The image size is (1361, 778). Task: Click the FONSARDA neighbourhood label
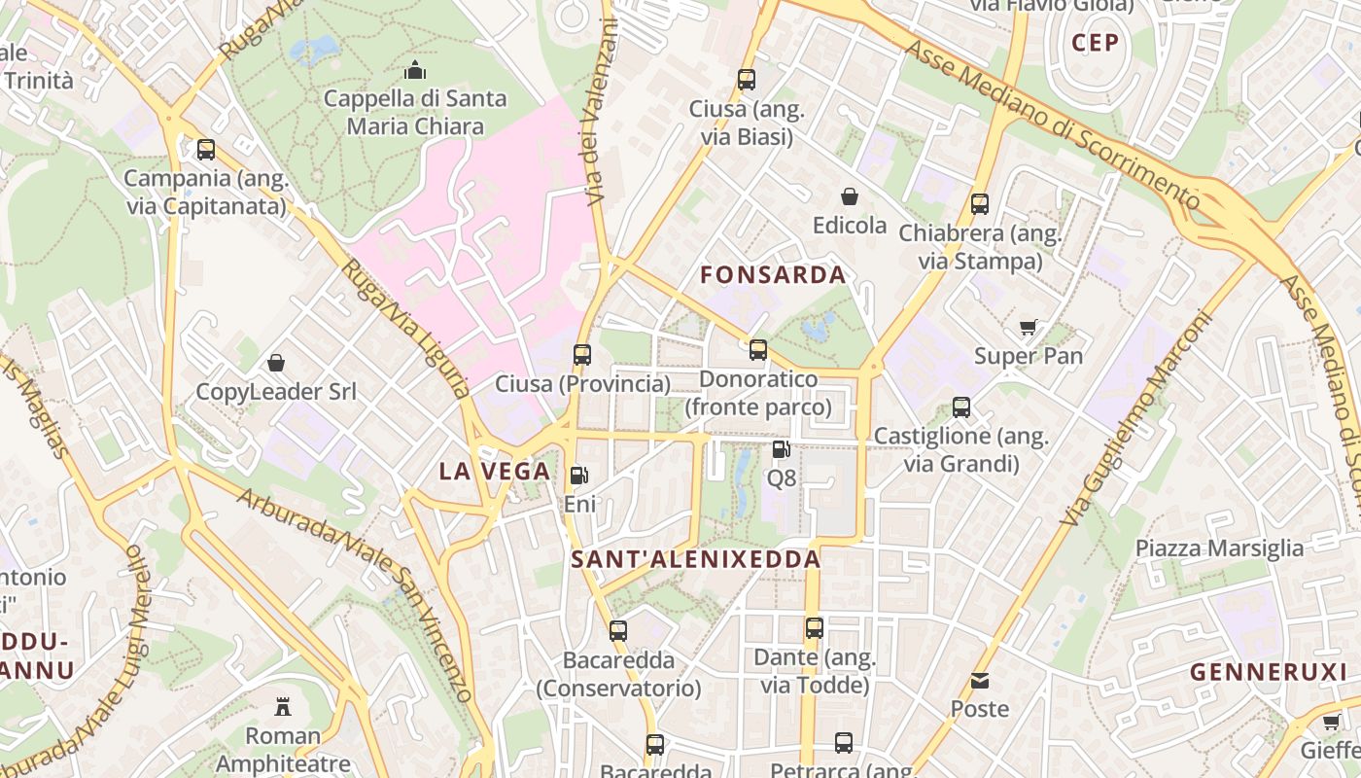point(773,275)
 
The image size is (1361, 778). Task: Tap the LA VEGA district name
point(494,472)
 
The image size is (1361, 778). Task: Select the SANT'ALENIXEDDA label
point(696,559)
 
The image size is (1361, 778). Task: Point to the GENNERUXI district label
point(1269,671)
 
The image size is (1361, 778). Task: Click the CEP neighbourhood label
point(1096,43)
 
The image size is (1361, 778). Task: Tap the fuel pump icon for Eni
point(579,476)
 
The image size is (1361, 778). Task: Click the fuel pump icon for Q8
point(781,449)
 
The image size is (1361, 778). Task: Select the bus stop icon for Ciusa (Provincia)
point(582,355)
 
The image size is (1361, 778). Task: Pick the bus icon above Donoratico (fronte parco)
point(758,350)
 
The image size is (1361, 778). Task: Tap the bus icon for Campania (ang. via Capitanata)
point(206,150)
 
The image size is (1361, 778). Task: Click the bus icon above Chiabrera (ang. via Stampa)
point(980,204)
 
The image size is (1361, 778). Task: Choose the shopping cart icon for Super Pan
point(1029,327)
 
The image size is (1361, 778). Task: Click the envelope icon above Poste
point(980,681)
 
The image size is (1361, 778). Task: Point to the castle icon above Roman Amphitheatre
point(283,706)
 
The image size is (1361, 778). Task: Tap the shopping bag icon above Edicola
point(850,196)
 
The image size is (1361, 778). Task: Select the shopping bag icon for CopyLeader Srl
point(276,363)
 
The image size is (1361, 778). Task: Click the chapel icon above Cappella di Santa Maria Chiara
point(415,70)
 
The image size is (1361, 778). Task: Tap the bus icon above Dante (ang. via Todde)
point(815,628)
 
